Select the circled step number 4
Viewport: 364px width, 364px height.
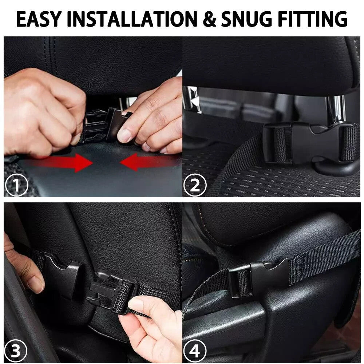coord(195,352)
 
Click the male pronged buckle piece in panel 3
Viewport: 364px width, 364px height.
coord(109,291)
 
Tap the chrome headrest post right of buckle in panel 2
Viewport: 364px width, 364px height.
coord(335,109)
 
